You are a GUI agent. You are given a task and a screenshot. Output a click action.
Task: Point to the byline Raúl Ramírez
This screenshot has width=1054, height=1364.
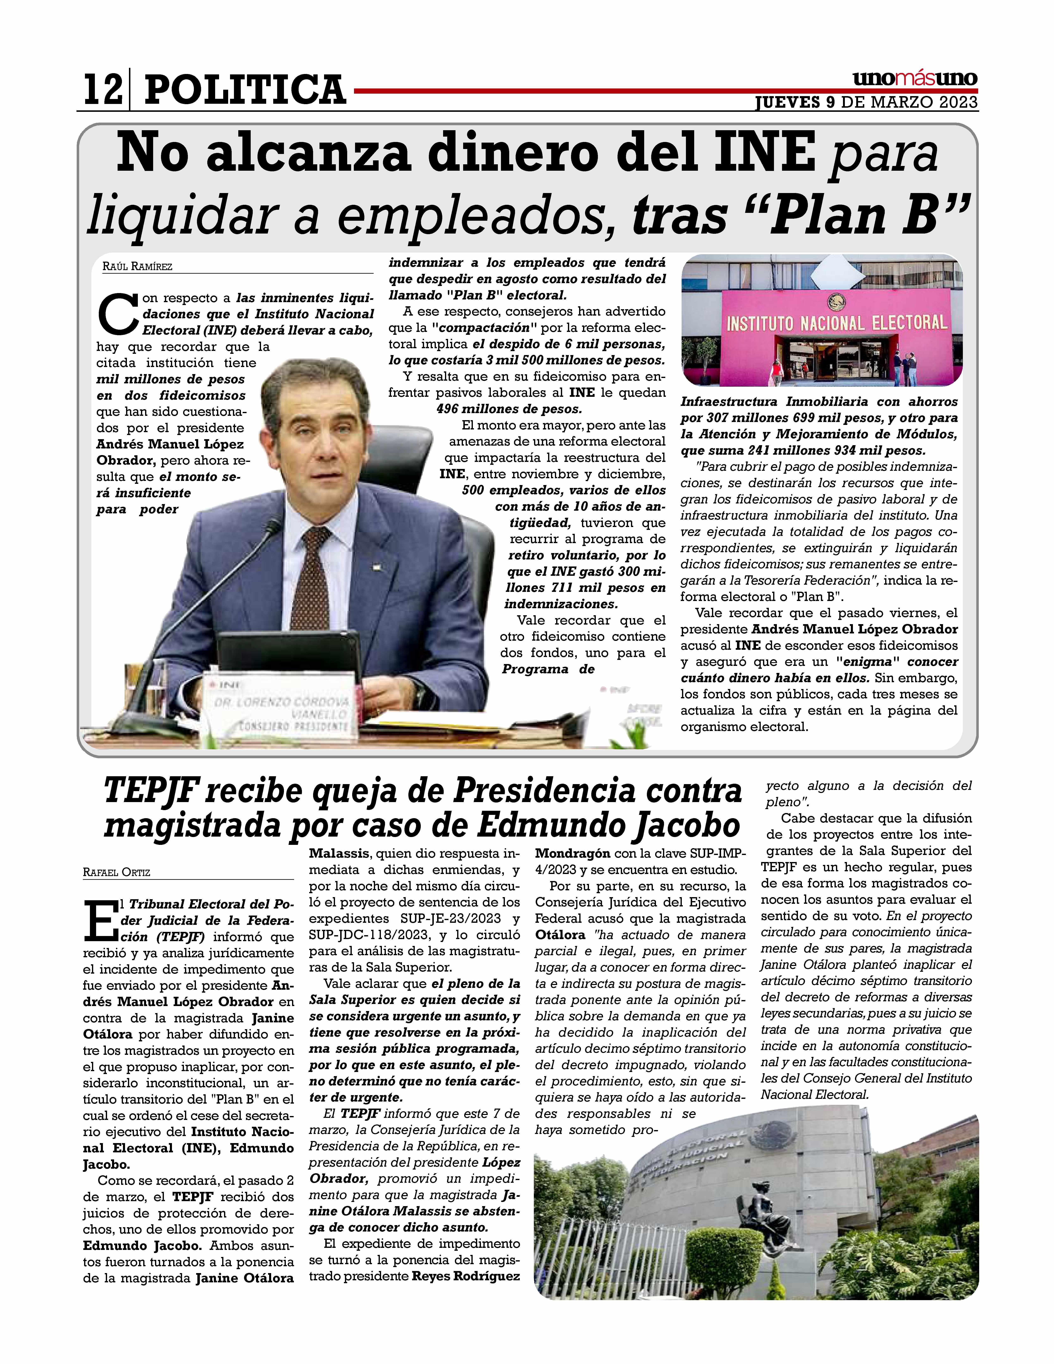tap(137, 267)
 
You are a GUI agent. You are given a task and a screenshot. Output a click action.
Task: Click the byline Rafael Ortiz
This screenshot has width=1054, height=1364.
tap(117, 873)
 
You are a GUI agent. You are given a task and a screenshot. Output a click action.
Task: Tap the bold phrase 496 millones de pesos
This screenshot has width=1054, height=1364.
tap(509, 409)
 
